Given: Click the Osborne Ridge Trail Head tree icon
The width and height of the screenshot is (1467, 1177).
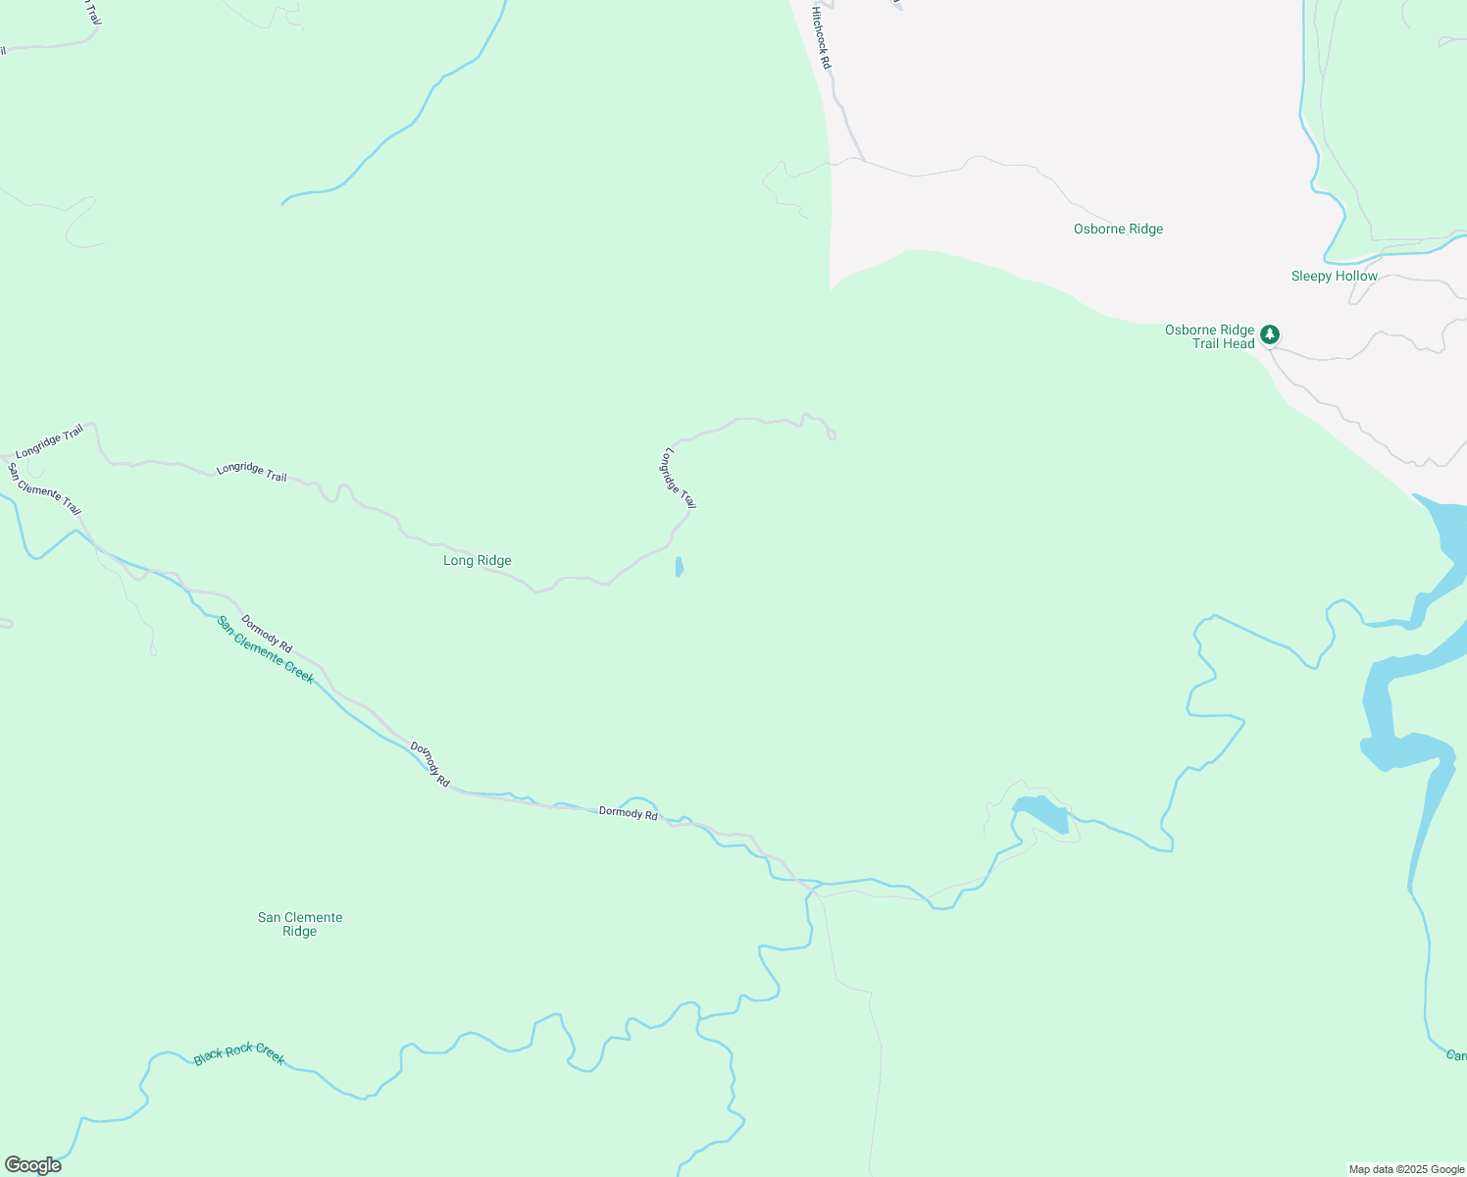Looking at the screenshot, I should click(x=1270, y=335).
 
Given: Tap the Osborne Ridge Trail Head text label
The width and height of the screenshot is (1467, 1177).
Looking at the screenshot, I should click(x=1209, y=336).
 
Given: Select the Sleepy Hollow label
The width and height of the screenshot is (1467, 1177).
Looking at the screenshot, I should click(x=1334, y=277).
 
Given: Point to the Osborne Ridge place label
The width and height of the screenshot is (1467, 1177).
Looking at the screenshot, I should click(x=1118, y=230).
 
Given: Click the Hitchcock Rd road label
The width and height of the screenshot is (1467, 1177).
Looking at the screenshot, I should click(x=821, y=38).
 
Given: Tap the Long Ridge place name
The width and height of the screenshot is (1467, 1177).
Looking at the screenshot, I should click(x=478, y=561).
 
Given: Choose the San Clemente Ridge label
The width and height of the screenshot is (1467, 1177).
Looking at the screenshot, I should click(x=299, y=924).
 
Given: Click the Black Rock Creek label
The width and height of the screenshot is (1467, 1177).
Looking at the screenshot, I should click(x=239, y=1054).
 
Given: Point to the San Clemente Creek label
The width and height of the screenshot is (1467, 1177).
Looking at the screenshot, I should click(x=265, y=649).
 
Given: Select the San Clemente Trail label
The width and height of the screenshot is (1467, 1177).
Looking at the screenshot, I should click(x=44, y=488).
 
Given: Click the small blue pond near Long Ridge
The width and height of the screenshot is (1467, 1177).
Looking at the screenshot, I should click(x=679, y=567).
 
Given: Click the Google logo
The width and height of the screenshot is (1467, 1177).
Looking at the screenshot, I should click(x=31, y=1165).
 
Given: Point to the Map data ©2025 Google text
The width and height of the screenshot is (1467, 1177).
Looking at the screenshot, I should click(x=1405, y=1169).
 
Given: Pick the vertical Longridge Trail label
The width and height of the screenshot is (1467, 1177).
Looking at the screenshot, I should click(x=679, y=479).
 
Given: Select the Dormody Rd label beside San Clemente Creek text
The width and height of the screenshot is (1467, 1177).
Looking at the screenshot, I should click(x=267, y=634).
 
